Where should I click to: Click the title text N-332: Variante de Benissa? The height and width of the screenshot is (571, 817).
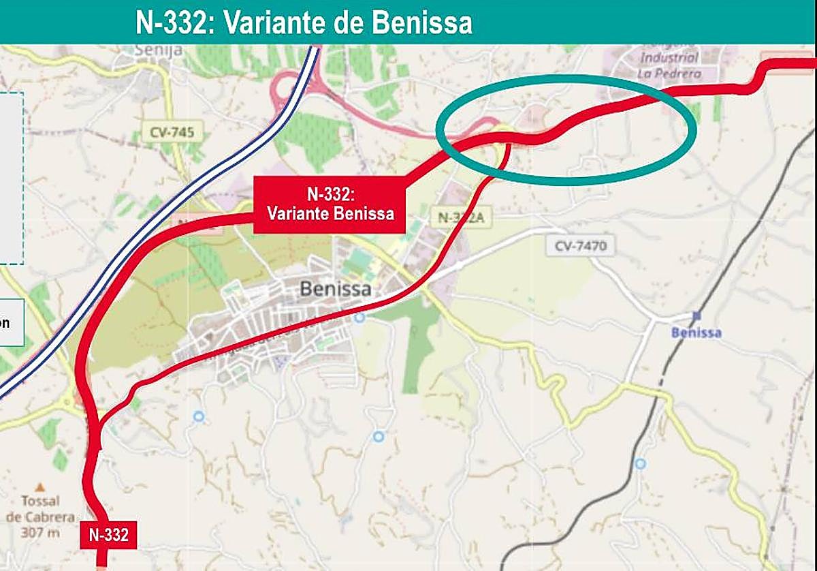click(304, 22)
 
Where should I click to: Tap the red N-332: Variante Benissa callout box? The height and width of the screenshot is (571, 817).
click(330, 204)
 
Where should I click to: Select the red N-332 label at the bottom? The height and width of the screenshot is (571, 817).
click(108, 535)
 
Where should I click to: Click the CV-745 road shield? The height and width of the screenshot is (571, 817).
click(173, 132)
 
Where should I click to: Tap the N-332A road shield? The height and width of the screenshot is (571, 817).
click(461, 217)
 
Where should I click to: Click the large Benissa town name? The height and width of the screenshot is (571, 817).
click(336, 290)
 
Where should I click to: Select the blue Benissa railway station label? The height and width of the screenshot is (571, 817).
click(696, 333)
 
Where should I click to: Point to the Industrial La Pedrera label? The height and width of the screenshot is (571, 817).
click(669, 65)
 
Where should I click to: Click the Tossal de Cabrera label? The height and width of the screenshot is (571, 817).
click(41, 508)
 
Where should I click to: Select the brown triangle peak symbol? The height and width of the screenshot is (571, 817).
click(40, 487)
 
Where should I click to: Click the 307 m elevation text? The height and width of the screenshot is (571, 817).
click(41, 531)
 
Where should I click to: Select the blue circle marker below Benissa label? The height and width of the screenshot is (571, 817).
click(359, 318)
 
